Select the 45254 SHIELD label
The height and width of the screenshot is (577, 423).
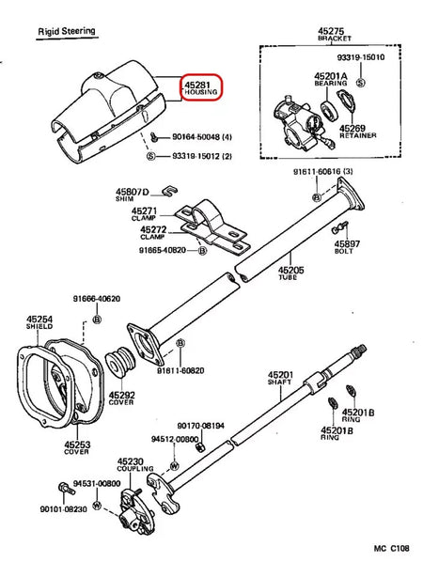(39, 324)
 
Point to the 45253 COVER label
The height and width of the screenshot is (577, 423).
(78, 449)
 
